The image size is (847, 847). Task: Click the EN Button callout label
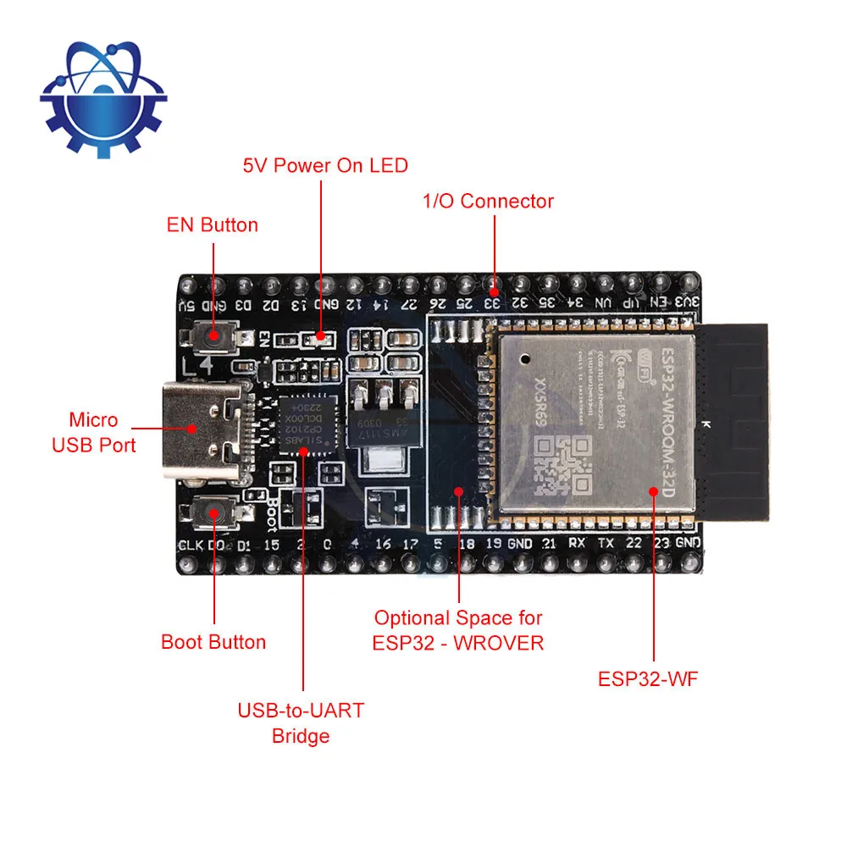[x=211, y=225]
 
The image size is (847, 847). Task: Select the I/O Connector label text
[x=488, y=202]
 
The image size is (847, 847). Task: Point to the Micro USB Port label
[x=94, y=432]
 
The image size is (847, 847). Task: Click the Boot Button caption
[x=213, y=642]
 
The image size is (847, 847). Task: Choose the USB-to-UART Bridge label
[x=301, y=722]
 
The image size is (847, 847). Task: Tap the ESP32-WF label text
[x=648, y=679]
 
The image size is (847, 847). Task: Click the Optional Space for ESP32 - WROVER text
[x=458, y=630]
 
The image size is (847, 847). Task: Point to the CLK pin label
[x=190, y=544]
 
